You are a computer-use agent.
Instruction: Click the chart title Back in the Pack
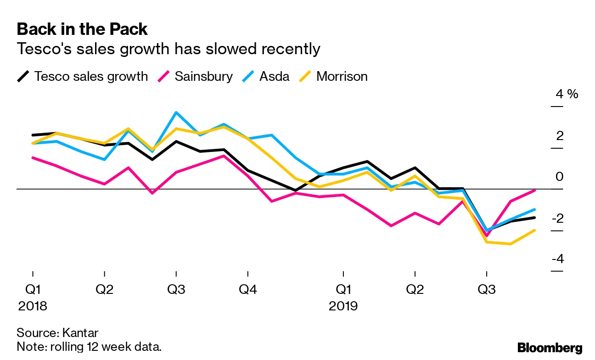pyautogui.click(x=82, y=29)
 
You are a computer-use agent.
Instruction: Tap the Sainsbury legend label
pyautogui.click(x=203, y=76)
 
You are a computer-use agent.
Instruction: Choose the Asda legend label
pyautogui.click(x=275, y=76)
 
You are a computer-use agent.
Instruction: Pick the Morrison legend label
pyautogui.click(x=342, y=76)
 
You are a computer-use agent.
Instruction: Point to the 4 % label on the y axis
pyautogui.click(x=567, y=94)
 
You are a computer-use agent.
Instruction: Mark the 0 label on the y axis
pyautogui.click(x=559, y=177)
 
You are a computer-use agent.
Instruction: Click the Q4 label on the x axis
pyautogui.click(x=247, y=290)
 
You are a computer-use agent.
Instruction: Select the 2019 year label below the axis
pyautogui.click(x=343, y=306)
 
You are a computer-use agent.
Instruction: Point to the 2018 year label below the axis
pyautogui.click(x=33, y=306)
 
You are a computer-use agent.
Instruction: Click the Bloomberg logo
pyautogui.click(x=550, y=348)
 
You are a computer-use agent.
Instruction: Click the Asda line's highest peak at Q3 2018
pyautogui.click(x=176, y=112)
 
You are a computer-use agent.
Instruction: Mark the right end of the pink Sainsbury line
pyautogui.click(x=534, y=190)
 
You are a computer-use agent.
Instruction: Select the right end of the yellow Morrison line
pyautogui.click(x=534, y=231)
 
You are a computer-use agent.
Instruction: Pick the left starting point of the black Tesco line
pyautogui.click(x=33, y=135)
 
